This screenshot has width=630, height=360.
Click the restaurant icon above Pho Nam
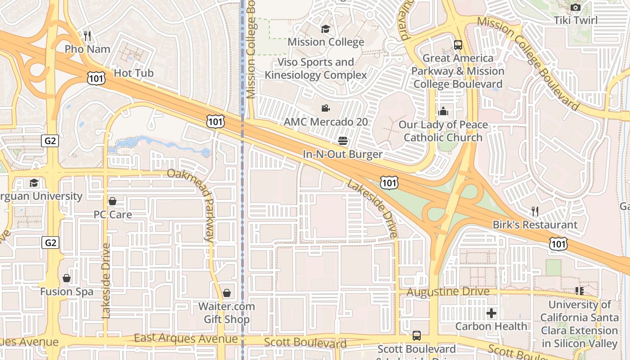tap(88, 36)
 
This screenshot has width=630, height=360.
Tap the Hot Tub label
tap(134, 73)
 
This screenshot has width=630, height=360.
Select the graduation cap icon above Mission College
tap(325, 29)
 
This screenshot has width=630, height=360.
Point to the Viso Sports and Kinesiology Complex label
tap(316, 68)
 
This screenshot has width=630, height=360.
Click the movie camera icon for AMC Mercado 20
tap(325, 108)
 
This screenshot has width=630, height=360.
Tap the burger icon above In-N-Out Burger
tap(343, 141)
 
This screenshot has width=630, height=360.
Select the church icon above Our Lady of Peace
tap(443, 111)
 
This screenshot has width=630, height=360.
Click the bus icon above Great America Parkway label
tap(458, 45)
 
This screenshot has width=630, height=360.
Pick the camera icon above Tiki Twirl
tap(575, 7)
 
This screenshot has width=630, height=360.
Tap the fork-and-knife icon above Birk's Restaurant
tap(535, 211)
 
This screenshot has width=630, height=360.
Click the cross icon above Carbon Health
tap(491, 313)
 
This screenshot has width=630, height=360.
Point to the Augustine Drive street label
tap(448, 292)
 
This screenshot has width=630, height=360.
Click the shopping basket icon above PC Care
tap(112, 201)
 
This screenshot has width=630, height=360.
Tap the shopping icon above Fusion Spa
tap(67, 279)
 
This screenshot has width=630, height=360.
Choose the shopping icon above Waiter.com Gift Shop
tap(227, 293)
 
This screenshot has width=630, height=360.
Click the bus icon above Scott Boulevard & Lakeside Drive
tap(417, 336)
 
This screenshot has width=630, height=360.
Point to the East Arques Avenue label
tap(186, 338)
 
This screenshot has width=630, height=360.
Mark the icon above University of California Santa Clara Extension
tap(579, 291)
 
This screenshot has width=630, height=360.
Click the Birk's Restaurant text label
tap(535, 225)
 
